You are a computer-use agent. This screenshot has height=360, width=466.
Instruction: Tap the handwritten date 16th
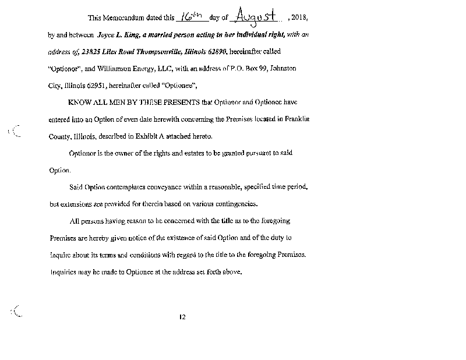190,16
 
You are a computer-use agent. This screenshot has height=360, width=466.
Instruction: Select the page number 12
182,317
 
